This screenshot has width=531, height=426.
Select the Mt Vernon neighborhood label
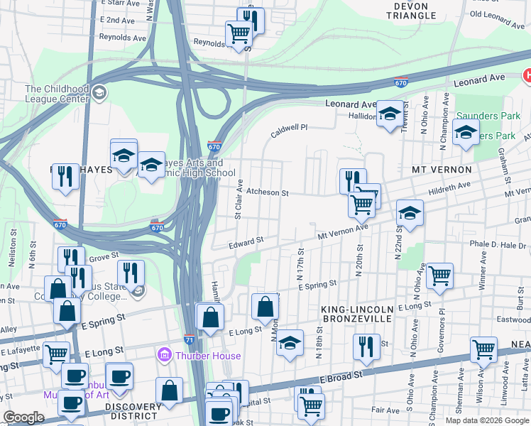[x=442, y=170]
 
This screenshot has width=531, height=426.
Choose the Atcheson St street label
[x=267, y=192]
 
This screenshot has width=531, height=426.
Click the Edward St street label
[x=246, y=244]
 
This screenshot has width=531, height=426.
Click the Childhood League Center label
[x=57, y=94]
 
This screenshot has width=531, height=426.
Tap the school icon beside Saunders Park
[x=466, y=132]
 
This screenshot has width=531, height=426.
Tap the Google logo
[x=23, y=417]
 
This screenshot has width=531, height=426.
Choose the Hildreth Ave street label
[x=454, y=185]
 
